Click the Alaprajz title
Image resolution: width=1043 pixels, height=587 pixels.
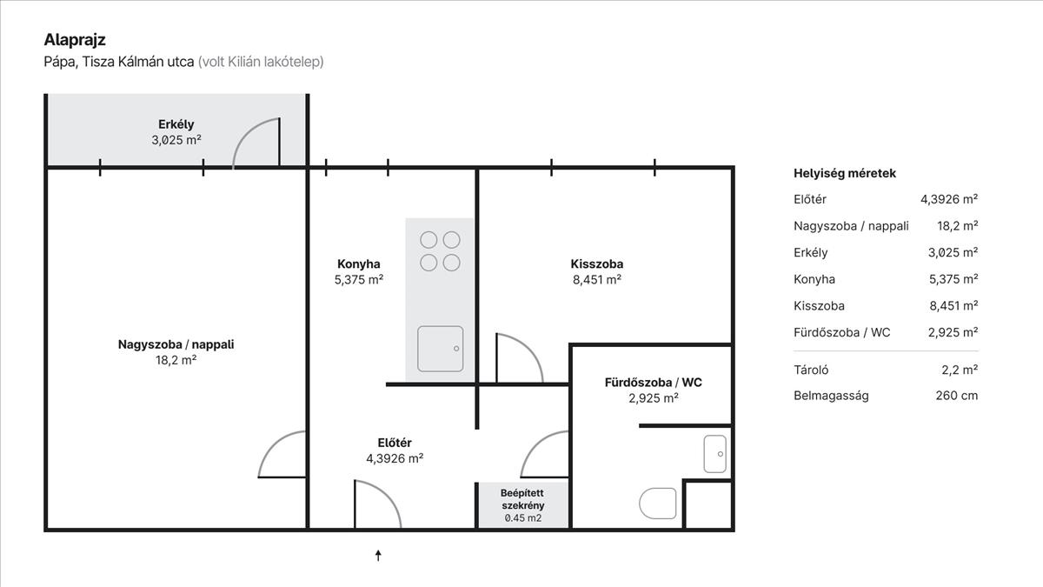pyautogui.click(x=75, y=40)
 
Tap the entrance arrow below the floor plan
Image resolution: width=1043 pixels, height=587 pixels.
pyautogui.click(x=378, y=556)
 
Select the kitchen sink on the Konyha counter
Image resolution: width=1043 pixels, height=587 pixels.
pyautogui.click(x=440, y=349)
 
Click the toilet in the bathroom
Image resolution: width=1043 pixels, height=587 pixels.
pyautogui.click(x=657, y=504)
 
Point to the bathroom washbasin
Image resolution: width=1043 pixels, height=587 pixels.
pyautogui.click(x=714, y=454)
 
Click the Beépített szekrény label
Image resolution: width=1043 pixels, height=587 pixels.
pyautogui.click(x=522, y=499)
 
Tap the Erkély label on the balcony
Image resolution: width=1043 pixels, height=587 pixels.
pyautogui.click(x=176, y=124)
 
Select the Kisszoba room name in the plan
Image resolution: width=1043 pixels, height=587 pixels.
pyautogui.click(x=597, y=263)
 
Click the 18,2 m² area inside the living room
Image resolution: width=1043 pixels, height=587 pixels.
pyautogui.click(x=176, y=360)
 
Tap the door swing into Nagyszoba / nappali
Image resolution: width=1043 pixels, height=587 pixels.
pyautogui.click(x=271, y=444)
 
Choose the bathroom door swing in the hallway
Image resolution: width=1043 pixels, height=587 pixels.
pyautogui.click(x=535, y=444)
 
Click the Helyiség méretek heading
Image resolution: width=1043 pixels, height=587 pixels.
pyautogui.click(x=845, y=173)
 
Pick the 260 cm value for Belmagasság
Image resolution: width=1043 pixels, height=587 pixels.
pyautogui.click(x=957, y=396)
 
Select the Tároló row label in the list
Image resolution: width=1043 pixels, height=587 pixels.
pyautogui.click(x=811, y=370)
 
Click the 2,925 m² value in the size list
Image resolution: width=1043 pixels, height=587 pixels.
pyautogui.click(x=953, y=332)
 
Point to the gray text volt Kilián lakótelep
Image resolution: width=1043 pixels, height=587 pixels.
pyautogui.click(x=261, y=62)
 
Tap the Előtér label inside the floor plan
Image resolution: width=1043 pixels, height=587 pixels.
pyautogui.click(x=395, y=443)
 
